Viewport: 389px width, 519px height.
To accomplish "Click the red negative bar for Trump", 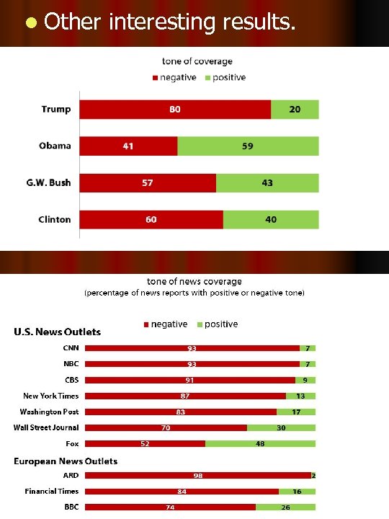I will tap(175, 110).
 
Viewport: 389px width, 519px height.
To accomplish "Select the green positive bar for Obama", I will tap(248, 146).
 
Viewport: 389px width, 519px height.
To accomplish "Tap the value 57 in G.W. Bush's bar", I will tap(147, 183).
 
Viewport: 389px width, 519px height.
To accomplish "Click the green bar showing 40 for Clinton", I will tap(271, 219).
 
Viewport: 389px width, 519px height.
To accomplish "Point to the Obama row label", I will tap(55, 146).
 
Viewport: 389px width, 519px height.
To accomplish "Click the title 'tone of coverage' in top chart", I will tap(197, 62).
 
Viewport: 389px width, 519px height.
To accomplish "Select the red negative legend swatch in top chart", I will tap(154, 78).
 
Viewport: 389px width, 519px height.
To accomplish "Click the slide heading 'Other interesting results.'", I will tap(169, 22).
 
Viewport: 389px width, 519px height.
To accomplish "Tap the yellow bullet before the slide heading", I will tap(29, 23).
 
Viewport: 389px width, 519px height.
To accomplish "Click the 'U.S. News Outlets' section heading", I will tap(58, 332).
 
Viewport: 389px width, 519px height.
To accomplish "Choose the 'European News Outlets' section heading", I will tap(66, 461).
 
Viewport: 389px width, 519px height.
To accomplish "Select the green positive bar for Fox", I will tap(260, 444).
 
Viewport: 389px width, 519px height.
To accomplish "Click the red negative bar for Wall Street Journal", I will tap(166, 427).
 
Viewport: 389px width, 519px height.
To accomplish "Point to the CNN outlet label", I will tap(71, 347).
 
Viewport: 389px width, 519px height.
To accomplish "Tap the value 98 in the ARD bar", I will tap(197, 476).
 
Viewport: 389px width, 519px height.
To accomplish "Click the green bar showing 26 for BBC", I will tap(285, 507).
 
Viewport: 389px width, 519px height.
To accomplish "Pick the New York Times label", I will tap(51, 396).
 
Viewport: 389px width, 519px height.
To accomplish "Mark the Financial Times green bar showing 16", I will tap(297, 492).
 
